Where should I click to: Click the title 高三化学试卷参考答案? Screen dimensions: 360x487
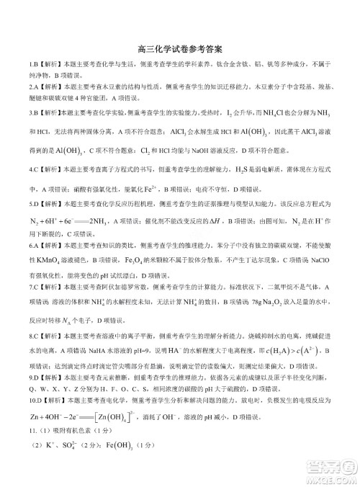click(179, 50)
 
